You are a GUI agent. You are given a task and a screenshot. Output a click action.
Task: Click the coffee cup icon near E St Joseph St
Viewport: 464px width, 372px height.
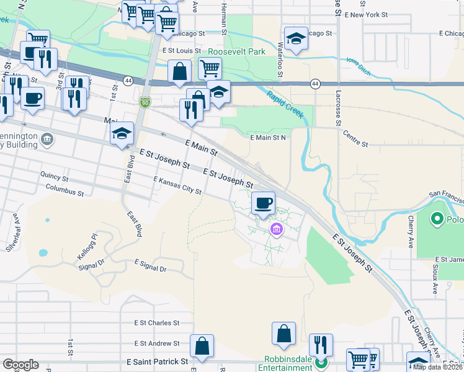[x=263, y=202]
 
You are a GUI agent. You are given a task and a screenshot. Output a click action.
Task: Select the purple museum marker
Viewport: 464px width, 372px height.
[x=276, y=231]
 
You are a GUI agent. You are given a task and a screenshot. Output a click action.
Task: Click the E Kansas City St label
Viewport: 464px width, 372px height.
[x=178, y=185]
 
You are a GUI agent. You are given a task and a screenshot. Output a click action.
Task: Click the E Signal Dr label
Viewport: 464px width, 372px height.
[x=147, y=268]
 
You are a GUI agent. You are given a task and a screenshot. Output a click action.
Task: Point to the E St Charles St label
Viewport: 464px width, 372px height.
[x=156, y=323]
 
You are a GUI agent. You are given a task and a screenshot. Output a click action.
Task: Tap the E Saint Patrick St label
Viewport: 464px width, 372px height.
[x=148, y=361]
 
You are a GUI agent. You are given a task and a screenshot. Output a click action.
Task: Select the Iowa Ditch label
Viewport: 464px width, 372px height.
[x=359, y=67]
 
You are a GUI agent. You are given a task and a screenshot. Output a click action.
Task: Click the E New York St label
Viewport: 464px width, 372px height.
[x=365, y=14]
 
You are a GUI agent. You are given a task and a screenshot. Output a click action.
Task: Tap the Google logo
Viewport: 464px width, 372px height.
[x=20, y=365]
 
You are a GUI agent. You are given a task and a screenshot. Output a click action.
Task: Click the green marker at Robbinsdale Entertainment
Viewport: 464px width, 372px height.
[x=321, y=362]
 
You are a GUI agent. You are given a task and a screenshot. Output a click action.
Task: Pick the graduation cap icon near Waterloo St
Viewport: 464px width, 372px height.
[x=296, y=38]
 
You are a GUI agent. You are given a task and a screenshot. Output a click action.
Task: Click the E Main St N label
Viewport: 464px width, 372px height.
[x=267, y=138]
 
